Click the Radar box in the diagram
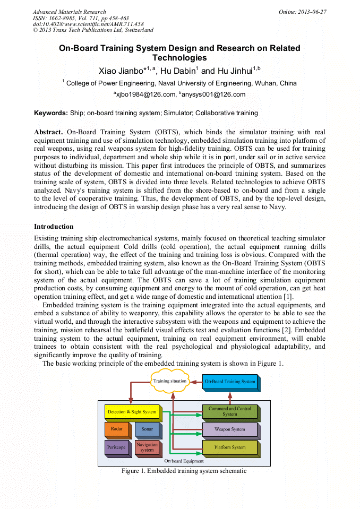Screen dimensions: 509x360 click(116, 428)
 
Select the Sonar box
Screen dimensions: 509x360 click(147, 428)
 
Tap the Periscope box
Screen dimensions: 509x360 click(116, 447)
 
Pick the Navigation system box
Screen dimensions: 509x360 click(147, 447)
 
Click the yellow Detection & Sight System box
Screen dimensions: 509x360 click(132, 411)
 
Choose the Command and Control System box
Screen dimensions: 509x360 click(229, 411)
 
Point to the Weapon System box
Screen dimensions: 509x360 click(229, 429)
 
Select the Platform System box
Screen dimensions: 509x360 click(229, 447)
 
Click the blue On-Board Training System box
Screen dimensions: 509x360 click(230, 381)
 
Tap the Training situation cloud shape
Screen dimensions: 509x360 click(169, 381)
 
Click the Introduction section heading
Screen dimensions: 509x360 click(54, 227)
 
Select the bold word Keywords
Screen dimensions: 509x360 click(50, 113)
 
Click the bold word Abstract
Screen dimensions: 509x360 click(48, 132)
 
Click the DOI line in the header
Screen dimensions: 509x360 click(88, 24)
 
